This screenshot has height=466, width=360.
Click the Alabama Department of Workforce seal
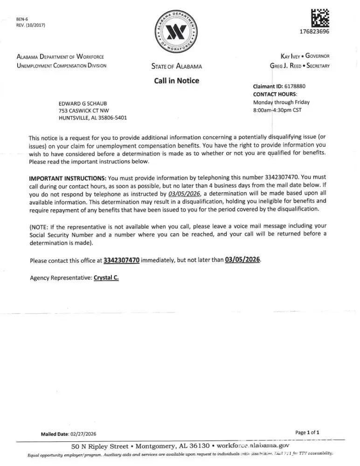[176, 32]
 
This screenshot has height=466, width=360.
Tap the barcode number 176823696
[314, 32]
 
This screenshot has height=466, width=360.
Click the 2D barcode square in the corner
[319, 17]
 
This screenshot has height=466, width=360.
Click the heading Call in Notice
[176, 81]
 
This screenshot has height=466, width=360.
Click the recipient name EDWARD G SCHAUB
[84, 103]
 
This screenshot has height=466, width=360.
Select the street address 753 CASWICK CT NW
[86, 110]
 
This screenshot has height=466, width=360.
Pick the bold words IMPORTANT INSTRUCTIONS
[67, 178]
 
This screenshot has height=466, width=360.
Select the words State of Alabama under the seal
[176, 66]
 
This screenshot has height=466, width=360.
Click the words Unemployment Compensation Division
[62, 65]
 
